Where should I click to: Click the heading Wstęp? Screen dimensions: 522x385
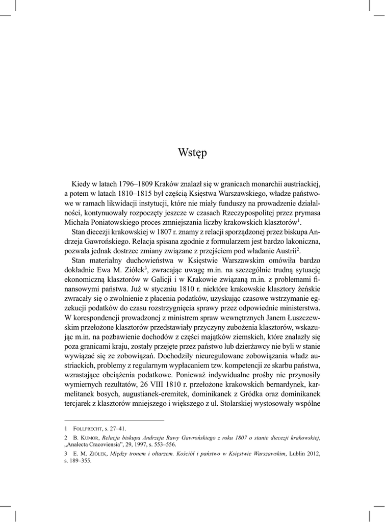[x=192, y=152]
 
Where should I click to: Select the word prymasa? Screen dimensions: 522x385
[x=305, y=213]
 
